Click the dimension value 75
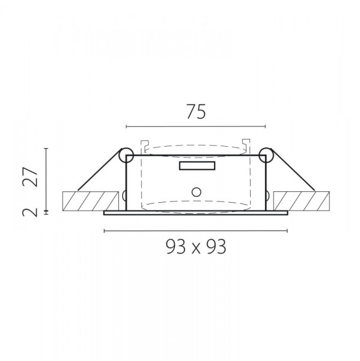click(196, 112)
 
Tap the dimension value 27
click(30, 176)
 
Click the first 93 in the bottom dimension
click(175, 247)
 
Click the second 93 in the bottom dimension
click(216, 247)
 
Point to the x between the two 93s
click(196, 248)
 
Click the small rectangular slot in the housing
click(197, 166)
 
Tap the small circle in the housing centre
click(196, 192)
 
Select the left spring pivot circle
click(126, 155)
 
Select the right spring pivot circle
click(266, 155)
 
